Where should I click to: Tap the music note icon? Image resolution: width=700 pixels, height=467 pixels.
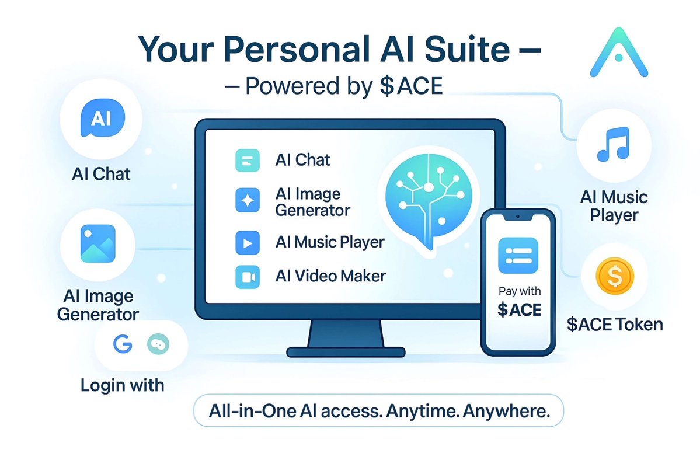(612, 146)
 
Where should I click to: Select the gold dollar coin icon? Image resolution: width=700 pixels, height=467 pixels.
(614, 276)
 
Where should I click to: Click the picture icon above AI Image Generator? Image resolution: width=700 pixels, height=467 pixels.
(97, 243)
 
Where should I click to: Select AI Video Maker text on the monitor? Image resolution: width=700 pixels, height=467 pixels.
(330, 276)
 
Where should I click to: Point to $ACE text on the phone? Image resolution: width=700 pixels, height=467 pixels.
(519, 310)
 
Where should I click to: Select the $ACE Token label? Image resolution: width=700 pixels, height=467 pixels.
(615, 324)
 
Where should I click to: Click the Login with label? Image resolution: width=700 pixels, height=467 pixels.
(123, 385)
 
